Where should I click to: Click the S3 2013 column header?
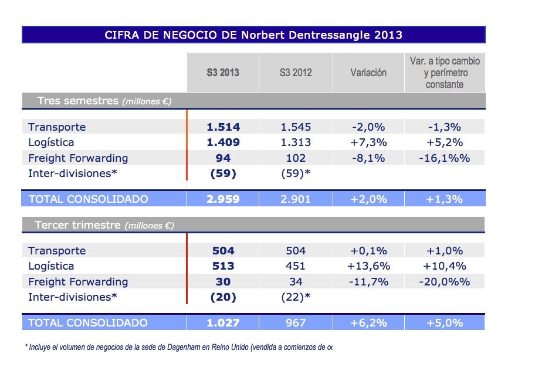tap(223, 73)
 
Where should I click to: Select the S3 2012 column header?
tap(296, 73)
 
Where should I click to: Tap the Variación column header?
tap(368, 73)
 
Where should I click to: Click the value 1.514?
tap(223, 127)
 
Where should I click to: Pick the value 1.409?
tap(223, 142)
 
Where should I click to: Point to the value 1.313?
tap(296, 142)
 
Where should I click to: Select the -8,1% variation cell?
tap(368, 158)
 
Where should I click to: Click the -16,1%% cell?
tap(444, 158)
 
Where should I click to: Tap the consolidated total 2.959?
tap(223, 199)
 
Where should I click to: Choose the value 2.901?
tap(296, 199)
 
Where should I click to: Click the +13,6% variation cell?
tap(368, 266)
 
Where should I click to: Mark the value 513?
tap(223, 266)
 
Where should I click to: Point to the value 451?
tap(296, 266)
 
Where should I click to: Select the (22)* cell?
tap(296, 297)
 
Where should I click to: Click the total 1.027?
tap(223, 322)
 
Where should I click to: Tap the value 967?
tap(296, 322)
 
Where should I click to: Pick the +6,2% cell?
tap(368, 322)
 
